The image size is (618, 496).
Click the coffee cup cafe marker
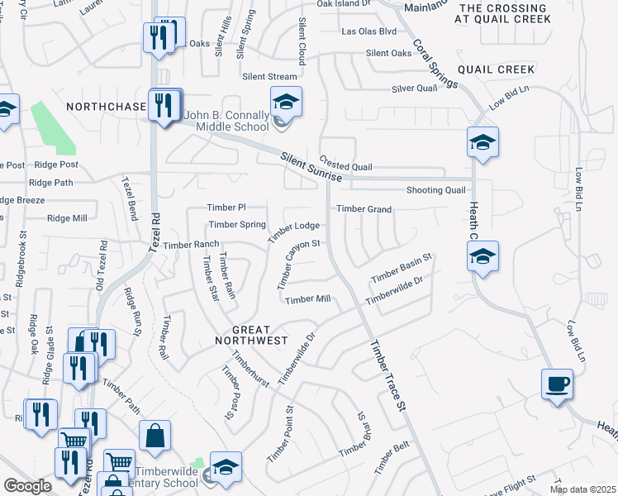[557, 384]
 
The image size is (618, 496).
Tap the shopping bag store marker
[154, 436]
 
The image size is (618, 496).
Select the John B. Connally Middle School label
[227, 120]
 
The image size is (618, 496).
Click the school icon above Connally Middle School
[286, 103]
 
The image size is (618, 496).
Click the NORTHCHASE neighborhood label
[106, 107]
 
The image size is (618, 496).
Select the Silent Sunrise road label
[310, 167]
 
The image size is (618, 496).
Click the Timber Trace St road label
[389, 376]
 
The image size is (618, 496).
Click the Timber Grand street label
[364, 209]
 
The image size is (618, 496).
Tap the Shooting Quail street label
[436, 190]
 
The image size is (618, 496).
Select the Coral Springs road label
[434, 64]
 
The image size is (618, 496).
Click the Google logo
[28, 486]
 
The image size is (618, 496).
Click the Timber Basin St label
[402, 269]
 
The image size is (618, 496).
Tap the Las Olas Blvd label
[369, 31]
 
